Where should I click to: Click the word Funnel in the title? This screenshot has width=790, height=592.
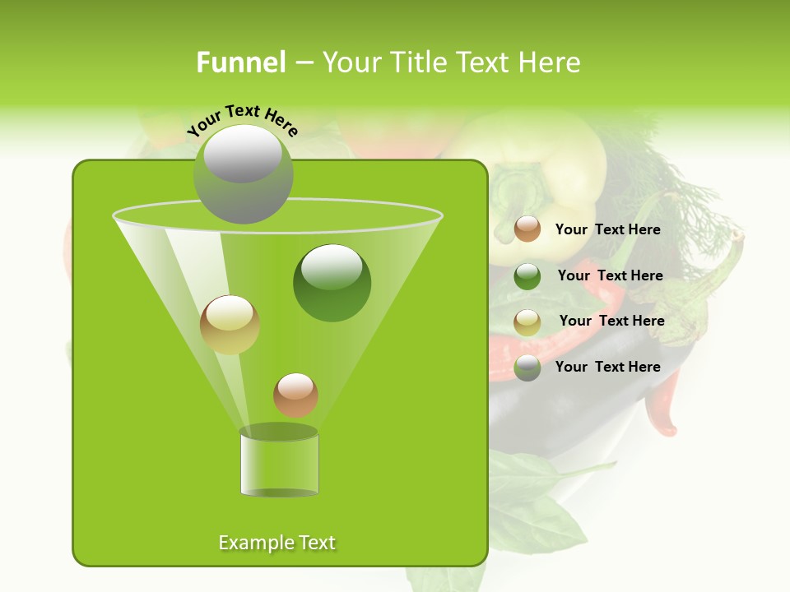tap(240, 62)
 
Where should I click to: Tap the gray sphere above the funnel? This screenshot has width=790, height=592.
tap(244, 174)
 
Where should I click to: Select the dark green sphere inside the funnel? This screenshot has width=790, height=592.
tap(332, 282)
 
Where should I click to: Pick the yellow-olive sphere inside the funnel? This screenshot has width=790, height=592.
tap(230, 325)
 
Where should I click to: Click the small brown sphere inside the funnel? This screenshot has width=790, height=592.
tap(295, 395)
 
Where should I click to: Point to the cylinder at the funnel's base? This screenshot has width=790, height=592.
tap(279, 462)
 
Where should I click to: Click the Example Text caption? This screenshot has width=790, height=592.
tap(276, 543)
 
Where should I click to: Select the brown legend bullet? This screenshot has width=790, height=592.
tap(527, 229)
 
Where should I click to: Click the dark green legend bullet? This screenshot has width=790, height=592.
tap(527, 275)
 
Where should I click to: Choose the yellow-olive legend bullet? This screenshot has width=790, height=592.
tap(527, 321)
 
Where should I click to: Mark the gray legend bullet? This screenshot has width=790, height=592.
tap(527, 368)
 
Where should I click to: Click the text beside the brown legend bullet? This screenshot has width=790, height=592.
tap(607, 229)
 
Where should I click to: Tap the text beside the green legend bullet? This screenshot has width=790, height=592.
tap(610, 275)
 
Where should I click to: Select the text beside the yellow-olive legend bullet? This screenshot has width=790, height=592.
tap(611, 321)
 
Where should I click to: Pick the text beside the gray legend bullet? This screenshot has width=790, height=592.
tap(607, 367)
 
